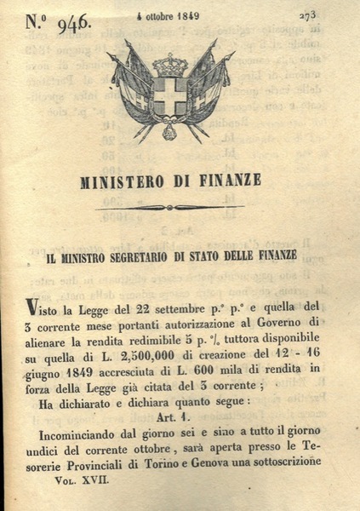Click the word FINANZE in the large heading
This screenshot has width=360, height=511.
[x=229, y=180]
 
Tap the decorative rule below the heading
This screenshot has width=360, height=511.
[x=169, y=207]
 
